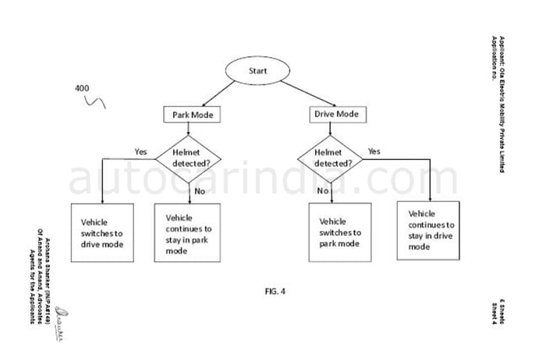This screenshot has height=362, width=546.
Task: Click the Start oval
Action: [x=257, y=70]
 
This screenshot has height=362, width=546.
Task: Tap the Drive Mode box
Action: [x=336, y=115]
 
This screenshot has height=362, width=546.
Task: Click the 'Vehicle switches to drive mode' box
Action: [x=101, y=232]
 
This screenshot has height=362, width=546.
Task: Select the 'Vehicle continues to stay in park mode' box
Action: [x=188, y=234]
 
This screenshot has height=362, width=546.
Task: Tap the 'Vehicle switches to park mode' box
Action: [x=339, y=232]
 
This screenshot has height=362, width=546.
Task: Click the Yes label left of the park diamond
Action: [x=141, y=151]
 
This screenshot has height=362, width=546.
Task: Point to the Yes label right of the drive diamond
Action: [x=374, y=151]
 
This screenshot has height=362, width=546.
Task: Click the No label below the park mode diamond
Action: [x=199, y=190]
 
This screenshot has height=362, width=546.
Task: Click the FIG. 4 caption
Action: [x=275, y=292]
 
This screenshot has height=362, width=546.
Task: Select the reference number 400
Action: [x=82, y=88]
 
